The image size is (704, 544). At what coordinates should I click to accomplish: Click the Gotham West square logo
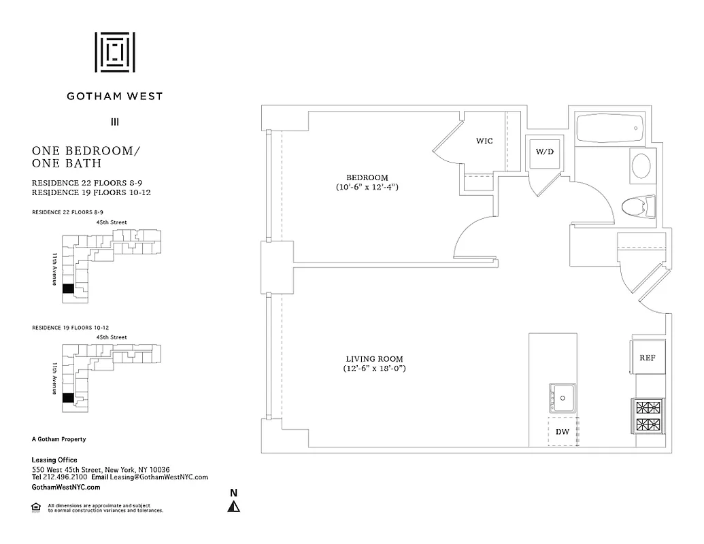pyautogui.click(x=114, y=52)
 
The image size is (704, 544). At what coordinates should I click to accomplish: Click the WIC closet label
pyautogui.click(x=484, y=141)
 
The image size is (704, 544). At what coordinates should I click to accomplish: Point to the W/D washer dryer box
pyautogui.click(x=545, y=152)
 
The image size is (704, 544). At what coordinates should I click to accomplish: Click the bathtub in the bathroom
pyautogui.click(x=609, y=127)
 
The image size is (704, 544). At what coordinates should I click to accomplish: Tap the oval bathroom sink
pyautogui.click(x=641, y=165)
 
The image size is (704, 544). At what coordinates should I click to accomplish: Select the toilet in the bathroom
pyautogui.click(x=639, y=205)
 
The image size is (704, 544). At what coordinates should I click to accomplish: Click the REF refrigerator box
pyautogui.click(x=647, y=358)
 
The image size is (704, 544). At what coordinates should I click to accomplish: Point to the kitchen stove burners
pyautogui.click(x=648, y=417)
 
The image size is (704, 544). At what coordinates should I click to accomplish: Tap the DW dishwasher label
pyautogui.click(x=563, y=432)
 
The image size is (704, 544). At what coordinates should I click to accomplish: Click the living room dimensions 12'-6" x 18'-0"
pyautogui.click(x=379, y=369)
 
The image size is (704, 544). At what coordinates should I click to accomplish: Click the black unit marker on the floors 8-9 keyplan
pyautogui.click(x=67, y=288)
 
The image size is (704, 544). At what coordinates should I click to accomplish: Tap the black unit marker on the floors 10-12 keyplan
pyautogui.click(x=67, y=398)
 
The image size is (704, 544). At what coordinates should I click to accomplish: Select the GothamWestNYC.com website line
pyautogui.click(x=66, y=488)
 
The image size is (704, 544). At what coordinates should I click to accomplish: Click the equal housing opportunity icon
pyautogui.click(x=36, y=507)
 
